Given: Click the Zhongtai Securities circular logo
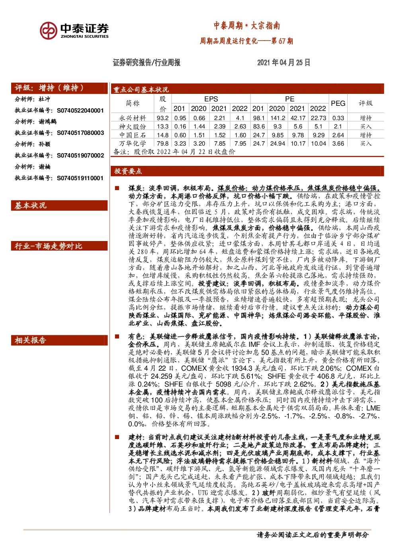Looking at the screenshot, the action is click(x=48, y=30).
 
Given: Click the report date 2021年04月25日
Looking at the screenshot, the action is click(x=284, y=62).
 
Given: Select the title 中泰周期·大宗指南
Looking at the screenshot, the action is click(x=246, y=25).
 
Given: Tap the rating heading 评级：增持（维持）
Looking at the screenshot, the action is click(x=49, y=88).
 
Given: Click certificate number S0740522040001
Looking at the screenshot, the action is click(x=80, y=110).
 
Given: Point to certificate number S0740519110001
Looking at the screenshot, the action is click(x=80, y=178).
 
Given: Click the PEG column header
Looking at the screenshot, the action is click(x=338, y=103).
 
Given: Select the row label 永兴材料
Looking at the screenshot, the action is click(x=133, y=118).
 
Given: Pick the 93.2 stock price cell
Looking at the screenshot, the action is click(x=162, y=118).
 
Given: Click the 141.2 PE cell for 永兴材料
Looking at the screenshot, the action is click(x=278, y=118).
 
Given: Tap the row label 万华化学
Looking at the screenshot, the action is click(x=133, y=143).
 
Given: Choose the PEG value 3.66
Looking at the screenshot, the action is click(x=338, y=144).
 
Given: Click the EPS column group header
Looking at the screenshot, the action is click(x=211, y=99).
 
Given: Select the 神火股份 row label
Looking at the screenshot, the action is click(x=133, y=126).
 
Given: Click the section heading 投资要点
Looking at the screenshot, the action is click(x=128, y=171).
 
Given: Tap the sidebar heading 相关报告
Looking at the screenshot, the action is click(x=30, y=340).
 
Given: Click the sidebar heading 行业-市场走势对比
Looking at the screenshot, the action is click(x=48, y=246).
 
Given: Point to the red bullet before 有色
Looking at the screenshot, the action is click(x=117, y=336).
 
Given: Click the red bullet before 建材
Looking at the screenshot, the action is click(x=117, y=437).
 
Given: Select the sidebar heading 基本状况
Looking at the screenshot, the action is click(x=30, y=206).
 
